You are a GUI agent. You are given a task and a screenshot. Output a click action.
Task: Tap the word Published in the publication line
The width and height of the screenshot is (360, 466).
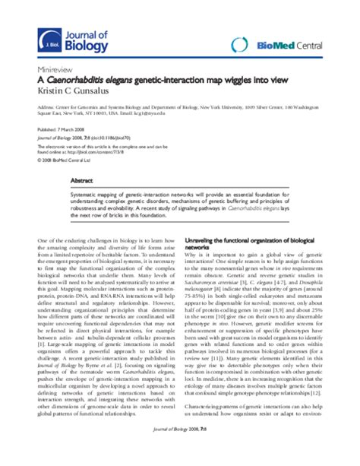pyautogui.click(x=49, y=130)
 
